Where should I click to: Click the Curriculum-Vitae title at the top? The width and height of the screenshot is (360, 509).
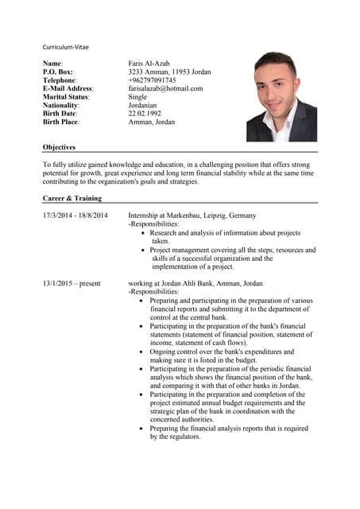(65, 47)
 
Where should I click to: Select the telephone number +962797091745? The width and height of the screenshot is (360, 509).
(152, 80)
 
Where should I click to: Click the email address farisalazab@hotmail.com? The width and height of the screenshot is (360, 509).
(165, 88)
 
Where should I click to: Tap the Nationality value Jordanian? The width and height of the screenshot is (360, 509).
(142, 106)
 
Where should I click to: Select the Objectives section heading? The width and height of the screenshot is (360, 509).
(59, 147)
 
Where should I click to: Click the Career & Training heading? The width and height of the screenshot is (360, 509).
(72, 198)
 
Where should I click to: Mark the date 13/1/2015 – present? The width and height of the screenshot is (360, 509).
(72, 283)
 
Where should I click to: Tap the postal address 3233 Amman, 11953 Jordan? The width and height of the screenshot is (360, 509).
(169, 72)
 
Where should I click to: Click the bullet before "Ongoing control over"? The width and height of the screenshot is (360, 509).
(141, 352)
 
